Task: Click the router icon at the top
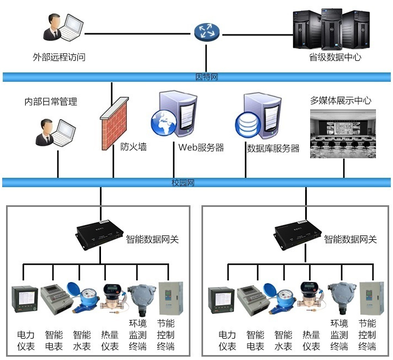(206, 32)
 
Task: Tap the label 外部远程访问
(59, 57)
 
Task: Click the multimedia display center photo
(344, 133)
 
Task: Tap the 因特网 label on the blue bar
(207, 77)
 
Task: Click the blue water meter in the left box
(80, 298)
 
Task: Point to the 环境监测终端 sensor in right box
(339, 300)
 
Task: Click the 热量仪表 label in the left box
(110, 340)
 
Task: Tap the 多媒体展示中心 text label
(340, 100)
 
